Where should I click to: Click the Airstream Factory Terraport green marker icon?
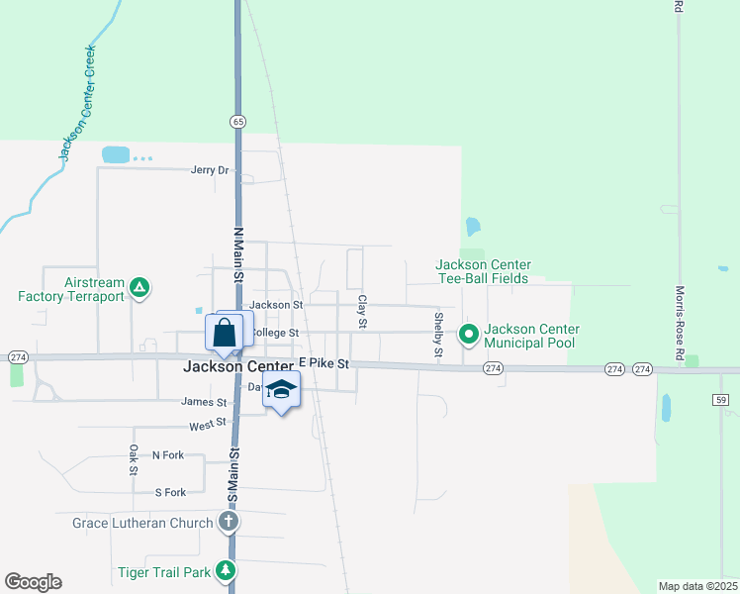tap(140, 288)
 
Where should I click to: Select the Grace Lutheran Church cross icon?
tap(228, 522)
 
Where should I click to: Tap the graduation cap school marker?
tap(282, 391)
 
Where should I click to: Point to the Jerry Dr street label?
tap(210, 170)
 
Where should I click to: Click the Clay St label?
tap(362, 311)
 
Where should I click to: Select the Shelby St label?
tap(438, 334)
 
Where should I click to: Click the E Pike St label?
tap(324, 363)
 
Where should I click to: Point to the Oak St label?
tap(134, 460)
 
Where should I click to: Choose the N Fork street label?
tap(168, 455)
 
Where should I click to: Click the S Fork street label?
tap(170, 492)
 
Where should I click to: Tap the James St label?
tap(204, 402)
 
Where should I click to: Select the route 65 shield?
tap(237, 121)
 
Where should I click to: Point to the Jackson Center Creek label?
tap(76, 102)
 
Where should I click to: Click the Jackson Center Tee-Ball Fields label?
tap(484, 271)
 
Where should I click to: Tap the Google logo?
tap(33, 582)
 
